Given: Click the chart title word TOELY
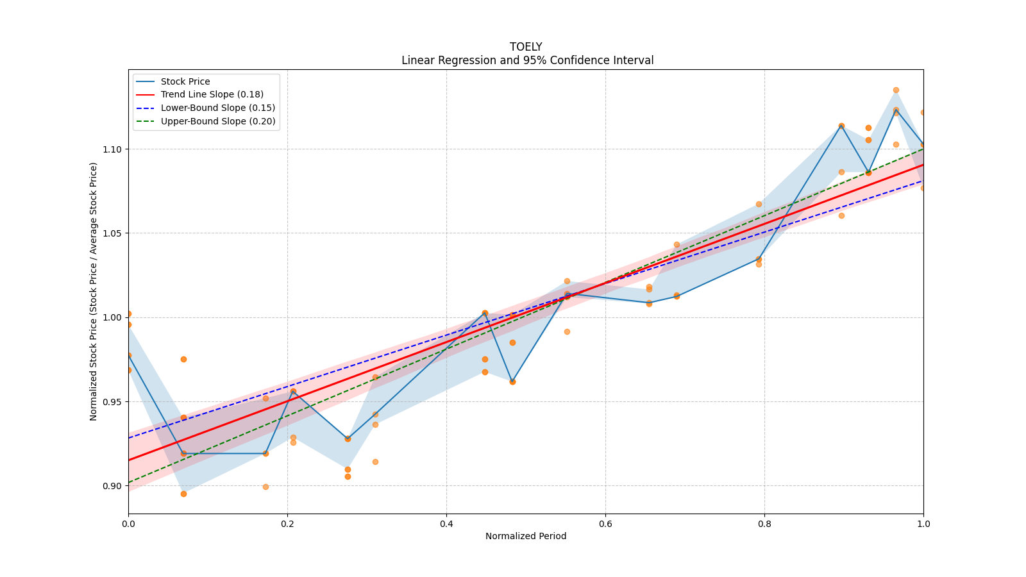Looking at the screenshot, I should (526, 47).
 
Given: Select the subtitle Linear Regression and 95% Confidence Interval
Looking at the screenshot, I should (527, 60).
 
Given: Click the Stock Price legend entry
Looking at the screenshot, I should (185, 81).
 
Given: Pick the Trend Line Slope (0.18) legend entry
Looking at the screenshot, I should (212, 94).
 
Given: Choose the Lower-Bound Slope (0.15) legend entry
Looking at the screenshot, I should (217, 108).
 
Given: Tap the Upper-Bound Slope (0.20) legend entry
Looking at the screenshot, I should (217, 121).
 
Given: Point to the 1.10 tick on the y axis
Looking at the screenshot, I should (112, 149).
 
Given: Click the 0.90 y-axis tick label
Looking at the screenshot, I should (112, 486).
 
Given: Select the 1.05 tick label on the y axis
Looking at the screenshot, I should (112, 233).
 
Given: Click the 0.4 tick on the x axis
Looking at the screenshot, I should (446, 524).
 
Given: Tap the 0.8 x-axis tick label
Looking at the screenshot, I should (764, 524).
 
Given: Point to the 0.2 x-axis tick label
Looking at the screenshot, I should (287, 524).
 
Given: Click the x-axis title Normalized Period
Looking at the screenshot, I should (526, 536).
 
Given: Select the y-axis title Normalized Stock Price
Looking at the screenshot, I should (94, 292).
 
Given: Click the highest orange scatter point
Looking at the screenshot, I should (896, 90).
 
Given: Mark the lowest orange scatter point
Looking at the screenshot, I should (183, 494).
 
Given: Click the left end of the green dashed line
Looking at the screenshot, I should (129, 482).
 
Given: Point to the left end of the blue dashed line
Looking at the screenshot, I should (129, 438).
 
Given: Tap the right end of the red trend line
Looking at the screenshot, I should (923, 165).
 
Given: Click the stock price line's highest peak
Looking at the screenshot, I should (896, 110).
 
